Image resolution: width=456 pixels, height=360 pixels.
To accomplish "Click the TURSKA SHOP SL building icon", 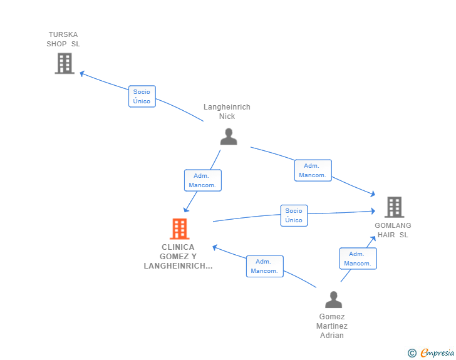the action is point(65,63).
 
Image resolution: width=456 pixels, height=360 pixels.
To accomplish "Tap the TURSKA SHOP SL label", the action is point(63,39).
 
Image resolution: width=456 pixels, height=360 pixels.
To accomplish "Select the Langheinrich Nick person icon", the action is point(229,136).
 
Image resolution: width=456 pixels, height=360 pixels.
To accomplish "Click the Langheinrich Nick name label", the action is point(227,111).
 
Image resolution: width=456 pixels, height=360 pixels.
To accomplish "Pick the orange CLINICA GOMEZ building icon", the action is point(180,229).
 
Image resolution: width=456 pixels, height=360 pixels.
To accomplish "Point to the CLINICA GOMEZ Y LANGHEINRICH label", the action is point(178,257).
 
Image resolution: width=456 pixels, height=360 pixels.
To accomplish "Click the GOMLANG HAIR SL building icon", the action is point(395,207).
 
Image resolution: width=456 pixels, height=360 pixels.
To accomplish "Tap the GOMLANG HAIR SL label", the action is point(393,230).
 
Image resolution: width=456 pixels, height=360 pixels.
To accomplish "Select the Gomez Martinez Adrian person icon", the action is point(334,299).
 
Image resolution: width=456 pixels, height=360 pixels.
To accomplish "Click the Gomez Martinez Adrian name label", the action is point(332,326).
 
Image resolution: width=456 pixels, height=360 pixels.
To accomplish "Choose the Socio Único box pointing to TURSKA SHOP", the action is point(142,96).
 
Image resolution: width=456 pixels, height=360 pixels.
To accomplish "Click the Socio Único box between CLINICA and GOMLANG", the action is point(294,215).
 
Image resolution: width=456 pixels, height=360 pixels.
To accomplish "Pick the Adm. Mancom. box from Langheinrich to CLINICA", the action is point(203,180).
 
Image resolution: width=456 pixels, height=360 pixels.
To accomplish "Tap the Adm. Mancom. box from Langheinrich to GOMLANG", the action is point(313,170).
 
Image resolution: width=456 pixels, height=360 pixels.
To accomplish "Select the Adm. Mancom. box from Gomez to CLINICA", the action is point(264,266).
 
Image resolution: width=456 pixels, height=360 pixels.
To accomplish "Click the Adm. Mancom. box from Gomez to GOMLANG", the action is point(358,259).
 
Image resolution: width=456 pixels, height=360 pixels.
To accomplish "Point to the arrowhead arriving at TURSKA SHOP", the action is point(82,73).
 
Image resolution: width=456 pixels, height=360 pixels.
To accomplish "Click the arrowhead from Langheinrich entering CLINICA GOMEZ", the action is point(186,209).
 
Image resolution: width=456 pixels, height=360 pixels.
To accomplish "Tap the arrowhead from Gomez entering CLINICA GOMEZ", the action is point(215,247).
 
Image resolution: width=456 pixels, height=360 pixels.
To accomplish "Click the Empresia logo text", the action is point(437,352).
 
